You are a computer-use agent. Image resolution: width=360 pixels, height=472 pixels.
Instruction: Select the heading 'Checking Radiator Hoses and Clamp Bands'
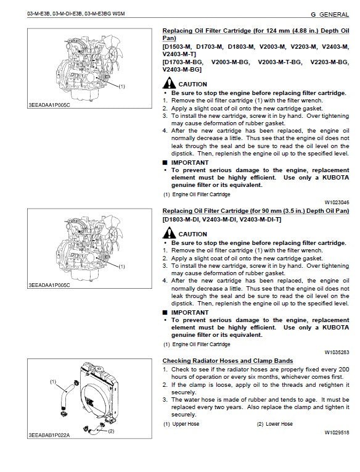[x=227, y=361]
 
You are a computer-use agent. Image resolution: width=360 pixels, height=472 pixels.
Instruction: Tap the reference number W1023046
[x=337, y=202]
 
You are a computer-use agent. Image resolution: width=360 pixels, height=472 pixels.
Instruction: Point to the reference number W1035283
[x=337, y=352]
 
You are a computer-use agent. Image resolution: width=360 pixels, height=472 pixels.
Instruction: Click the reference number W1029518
[x=337, y=433]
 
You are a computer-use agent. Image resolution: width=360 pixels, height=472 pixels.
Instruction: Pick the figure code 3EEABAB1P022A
[x=50, y=435]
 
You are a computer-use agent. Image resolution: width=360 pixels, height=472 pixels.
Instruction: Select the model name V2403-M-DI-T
[x=261, y=220]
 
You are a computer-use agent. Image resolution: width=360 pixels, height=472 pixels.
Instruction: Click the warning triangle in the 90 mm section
[x=169, y=234]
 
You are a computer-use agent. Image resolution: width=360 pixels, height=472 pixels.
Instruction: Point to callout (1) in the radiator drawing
[x=53, y=382]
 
